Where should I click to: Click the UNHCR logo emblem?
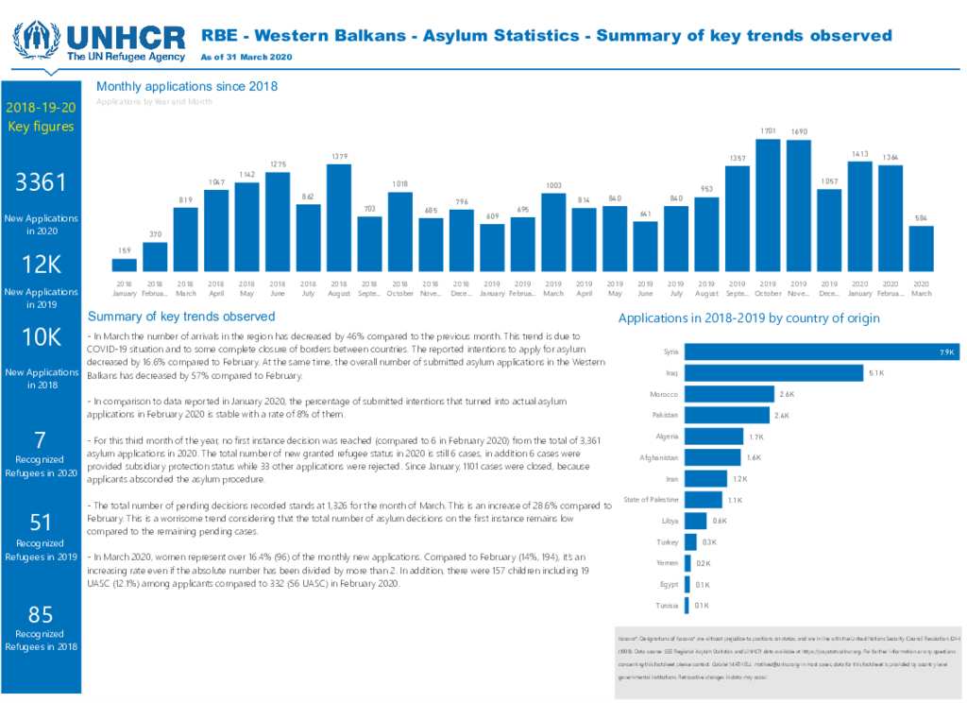pyautogui.click(x=37, y=40)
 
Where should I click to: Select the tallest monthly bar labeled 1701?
pyautogui.click(x=768, y=205)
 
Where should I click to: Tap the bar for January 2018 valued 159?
pyautogui.click(x=124, y=265)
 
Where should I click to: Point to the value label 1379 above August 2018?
pyautogui.click(x=339, y=156)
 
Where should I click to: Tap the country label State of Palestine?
pyautogui.click(x=650, y=500)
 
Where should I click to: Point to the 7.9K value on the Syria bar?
pyautogui.click(x=947, y=352)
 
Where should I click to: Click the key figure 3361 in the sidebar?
pyautogui.click(x=40, y=183)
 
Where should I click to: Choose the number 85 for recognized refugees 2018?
pyautogui.click(x=40, y=615)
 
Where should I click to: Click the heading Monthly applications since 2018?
pyautogui.click(x=187, y=87)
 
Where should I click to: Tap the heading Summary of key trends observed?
pyautogui.click(x=180, y=317)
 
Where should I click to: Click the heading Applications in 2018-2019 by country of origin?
pyautogui.click(x=748, y=318)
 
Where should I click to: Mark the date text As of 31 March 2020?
pyautogui.click(x=246, y=58)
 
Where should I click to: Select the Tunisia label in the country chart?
pyautogui.click(x=666, y=606)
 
